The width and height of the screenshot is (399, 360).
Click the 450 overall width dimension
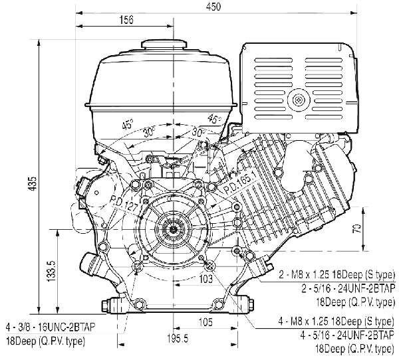coord(213,7)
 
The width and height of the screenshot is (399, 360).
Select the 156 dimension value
coord(126,20)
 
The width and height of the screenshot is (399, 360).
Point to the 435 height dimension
coord(33,183)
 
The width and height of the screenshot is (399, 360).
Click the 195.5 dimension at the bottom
coord(178,338)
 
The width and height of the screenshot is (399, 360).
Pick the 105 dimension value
coord(205,322)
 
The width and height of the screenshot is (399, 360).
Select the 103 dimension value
coord(205,279)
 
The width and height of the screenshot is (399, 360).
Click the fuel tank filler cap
coord(164,45)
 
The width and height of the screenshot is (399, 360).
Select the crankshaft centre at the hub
coord(174,229)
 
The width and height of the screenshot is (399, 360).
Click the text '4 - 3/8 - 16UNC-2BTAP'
coord(51,327)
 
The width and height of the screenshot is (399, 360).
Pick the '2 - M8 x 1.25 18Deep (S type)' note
coord(337,275)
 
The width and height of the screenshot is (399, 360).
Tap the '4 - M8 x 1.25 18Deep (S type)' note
coord(336,321)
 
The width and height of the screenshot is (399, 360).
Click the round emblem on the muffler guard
coord(299,100)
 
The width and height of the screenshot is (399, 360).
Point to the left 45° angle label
coord(128,124)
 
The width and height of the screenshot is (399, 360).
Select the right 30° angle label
coord(198,132)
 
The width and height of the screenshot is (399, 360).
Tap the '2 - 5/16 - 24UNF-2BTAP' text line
coord(348,288)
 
